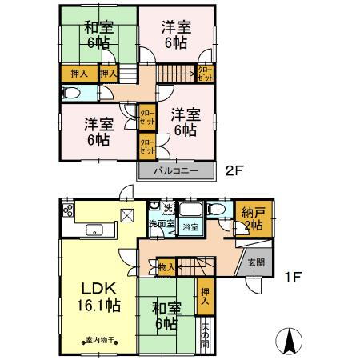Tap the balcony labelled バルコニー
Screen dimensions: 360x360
click(x=177, y=171)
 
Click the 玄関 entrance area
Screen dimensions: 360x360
click(x=255, y=263)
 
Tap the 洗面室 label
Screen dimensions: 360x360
click(x=159, y=223)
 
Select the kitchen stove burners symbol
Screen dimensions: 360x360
click(x=68, y=211)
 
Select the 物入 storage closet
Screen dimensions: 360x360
click(x=166, y=266)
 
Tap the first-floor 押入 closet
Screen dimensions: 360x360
click(x=204, y=298)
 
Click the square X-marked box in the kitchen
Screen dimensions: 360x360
click(x=127, y=214)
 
